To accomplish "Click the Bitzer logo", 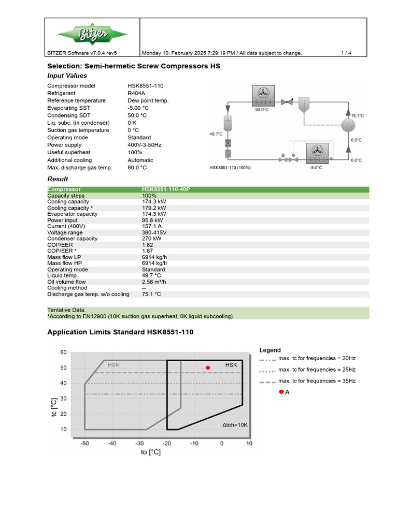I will point(92,35).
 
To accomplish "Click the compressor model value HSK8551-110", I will point(146,86).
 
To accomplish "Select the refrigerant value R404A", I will point(137,93).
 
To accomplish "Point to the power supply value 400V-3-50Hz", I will point(145,145).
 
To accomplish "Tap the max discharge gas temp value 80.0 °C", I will point(137,168).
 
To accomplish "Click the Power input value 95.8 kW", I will point(153,220).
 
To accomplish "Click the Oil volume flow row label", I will point(66,282).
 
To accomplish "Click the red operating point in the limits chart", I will point(208,368).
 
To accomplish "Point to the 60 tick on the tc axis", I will point(63,352).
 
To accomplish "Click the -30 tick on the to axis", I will point(139,444).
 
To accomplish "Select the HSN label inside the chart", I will point(113,365).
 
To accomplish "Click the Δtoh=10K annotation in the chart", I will point(235,425).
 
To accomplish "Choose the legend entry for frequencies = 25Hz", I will point(317,370).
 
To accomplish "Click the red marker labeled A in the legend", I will point(281,392).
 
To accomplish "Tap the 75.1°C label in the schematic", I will point(358,116).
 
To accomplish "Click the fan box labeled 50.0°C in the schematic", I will point(262,95).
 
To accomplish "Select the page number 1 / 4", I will point(346,53).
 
